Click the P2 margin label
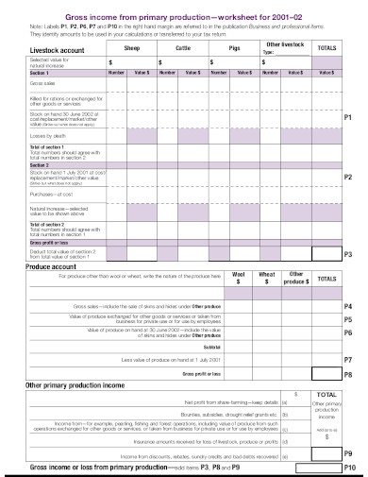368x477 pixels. click(x=348, y=177)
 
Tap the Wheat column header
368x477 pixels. click(x=267, y=275)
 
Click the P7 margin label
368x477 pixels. click(x=348, y=361)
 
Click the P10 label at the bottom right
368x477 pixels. click(x=349, y=467)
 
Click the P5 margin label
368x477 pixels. click(x=348, y=320)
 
